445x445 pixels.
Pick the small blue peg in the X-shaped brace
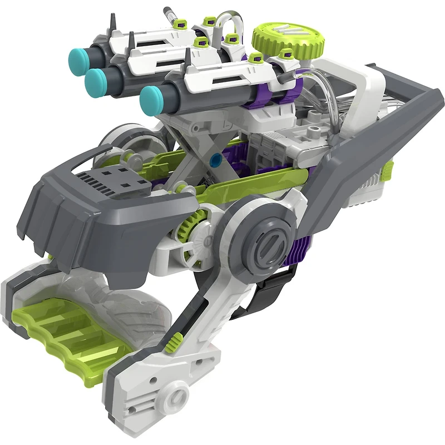215,159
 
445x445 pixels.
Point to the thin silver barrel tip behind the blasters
167,12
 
